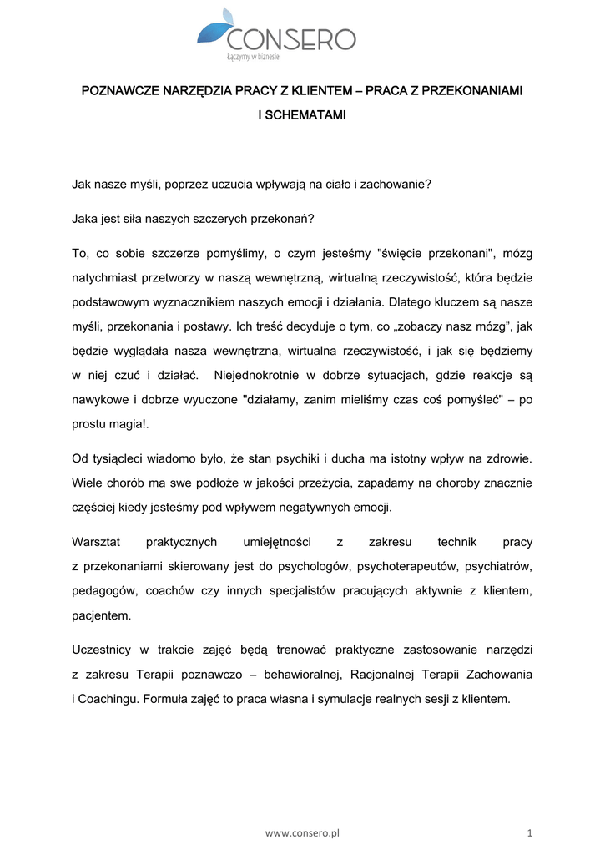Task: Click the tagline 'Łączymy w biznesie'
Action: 254,58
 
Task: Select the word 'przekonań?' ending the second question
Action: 285,219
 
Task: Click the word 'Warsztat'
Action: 96,542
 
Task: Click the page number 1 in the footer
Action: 530,832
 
